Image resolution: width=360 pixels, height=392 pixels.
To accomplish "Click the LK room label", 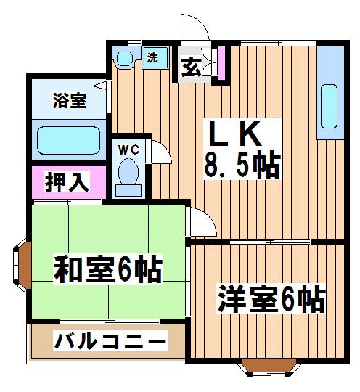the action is click(x=235, y=134).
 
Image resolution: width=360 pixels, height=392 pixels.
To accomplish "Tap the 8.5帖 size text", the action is click(x=242, y=165).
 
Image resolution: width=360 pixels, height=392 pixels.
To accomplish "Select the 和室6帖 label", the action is click(x=108, y=269).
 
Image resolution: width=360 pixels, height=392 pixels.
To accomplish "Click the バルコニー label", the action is click(x=110, y=340).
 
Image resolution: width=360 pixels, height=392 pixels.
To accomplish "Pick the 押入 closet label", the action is click(x=67, y=181).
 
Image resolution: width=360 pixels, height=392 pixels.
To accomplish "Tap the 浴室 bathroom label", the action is click(x=70, y=101).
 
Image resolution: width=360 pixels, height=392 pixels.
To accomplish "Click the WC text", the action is click(x=128, y=150).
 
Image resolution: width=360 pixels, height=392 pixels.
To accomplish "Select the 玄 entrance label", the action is click(x=191, y=68).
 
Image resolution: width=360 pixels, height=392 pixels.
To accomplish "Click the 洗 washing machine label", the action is click(x=152, y=58).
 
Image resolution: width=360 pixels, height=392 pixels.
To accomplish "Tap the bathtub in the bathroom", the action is click(x=69, y=140).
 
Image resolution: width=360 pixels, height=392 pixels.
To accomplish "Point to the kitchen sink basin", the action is click(x=329, y=107).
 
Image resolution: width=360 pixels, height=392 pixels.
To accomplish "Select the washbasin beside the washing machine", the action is click(x=125, y=59).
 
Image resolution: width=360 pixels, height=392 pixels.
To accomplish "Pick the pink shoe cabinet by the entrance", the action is click(x=221, y=63).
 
